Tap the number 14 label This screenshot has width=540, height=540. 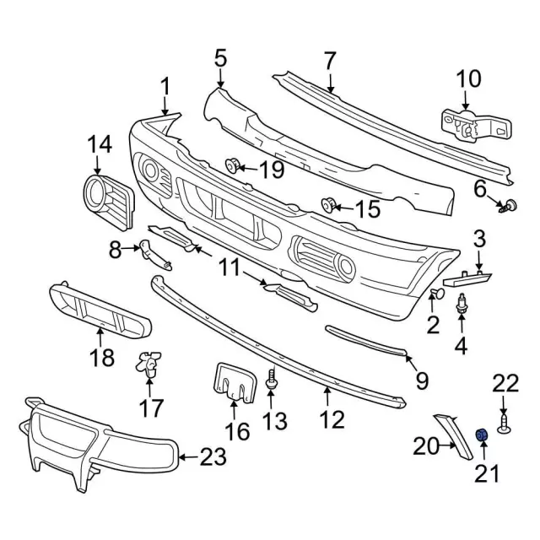tap(100, 144)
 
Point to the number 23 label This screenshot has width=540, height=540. tap(213, 457)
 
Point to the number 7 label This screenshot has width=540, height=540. tap(330, 61)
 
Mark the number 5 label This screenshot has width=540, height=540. tap(220, 59)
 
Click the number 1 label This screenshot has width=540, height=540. tap(165, 86)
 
